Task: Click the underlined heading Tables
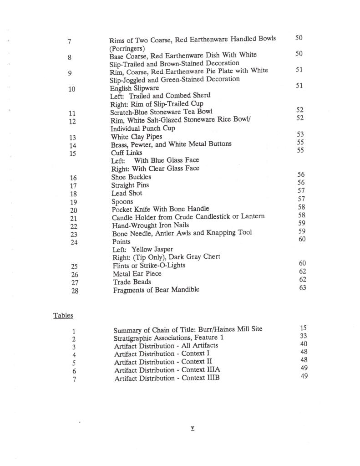pos(63,315)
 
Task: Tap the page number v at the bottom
pos(193,428)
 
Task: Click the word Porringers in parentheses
pos(127,48)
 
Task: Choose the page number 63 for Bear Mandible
pos(303,287)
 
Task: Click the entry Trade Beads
pos(132,282)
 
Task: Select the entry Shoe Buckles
pos(131,177)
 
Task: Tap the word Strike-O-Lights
pos(163,265)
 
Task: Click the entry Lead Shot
pos(127,193)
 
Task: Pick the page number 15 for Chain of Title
pos(304,328)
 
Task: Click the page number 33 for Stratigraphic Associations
pos(304,336)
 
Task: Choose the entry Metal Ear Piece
pos(137,273)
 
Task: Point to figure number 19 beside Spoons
pos(73,202)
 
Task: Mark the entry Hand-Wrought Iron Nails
pos(150,225)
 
